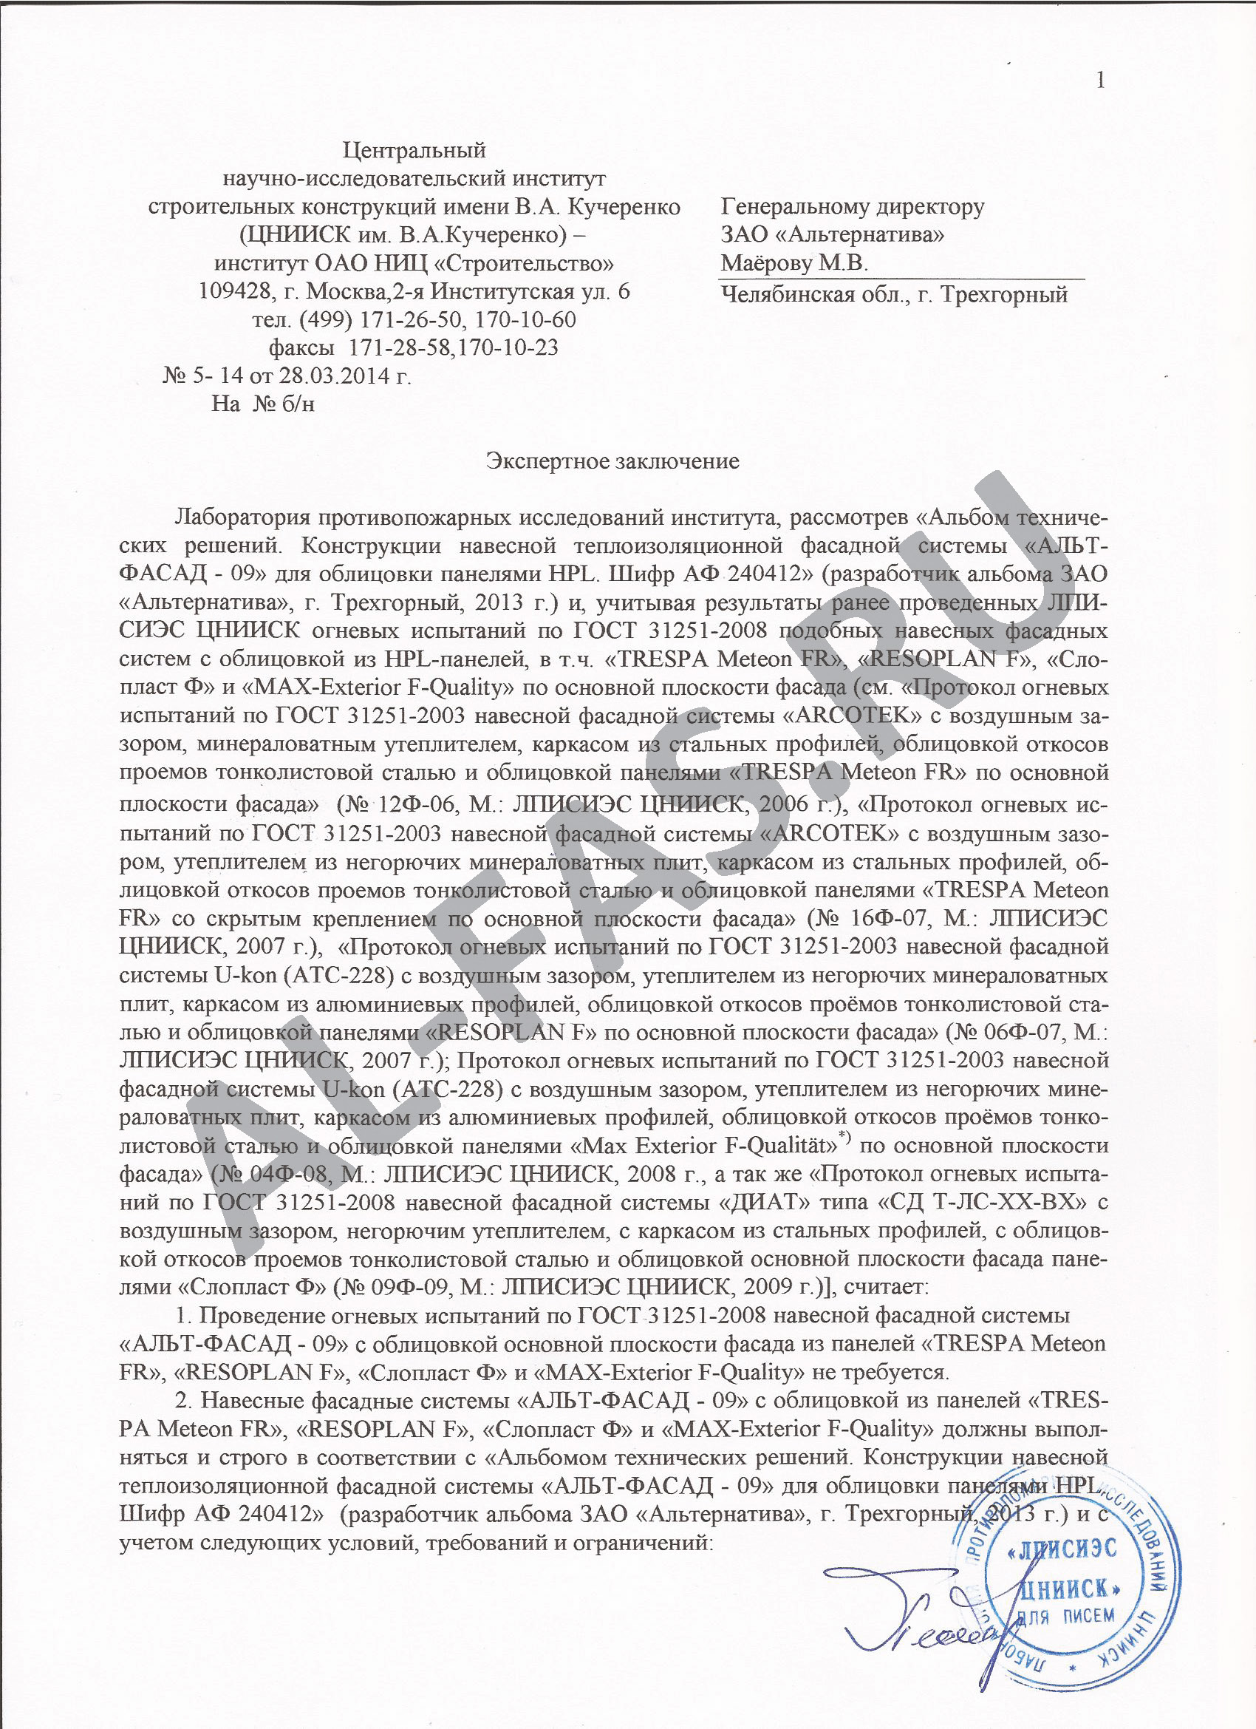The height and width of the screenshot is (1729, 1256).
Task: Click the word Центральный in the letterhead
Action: click(414, 149)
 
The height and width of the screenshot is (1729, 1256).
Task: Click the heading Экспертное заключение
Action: click(612, 461)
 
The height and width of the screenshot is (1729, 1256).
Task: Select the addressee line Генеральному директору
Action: click(853, 206)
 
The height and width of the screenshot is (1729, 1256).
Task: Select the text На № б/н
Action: click(263, 404)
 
